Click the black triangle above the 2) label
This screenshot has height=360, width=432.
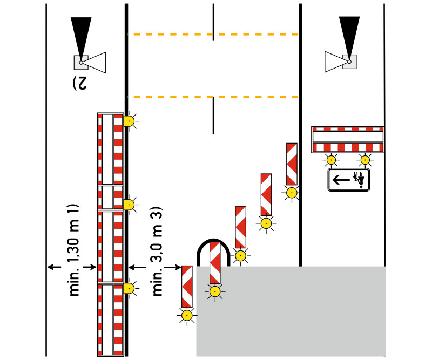(82, 36)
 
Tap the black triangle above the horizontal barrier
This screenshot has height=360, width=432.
(349, 35)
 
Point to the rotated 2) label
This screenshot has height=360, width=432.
(80, 83)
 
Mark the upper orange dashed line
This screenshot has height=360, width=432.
(213, 35)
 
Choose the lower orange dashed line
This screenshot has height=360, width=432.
(213, 97)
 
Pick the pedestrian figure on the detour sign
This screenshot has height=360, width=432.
(358, 179)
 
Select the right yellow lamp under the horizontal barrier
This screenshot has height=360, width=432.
(366, 160)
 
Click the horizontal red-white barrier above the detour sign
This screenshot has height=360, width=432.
(348, 140)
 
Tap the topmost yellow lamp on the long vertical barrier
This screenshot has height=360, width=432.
(129, 121)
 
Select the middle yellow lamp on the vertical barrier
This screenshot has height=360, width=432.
(129, 204)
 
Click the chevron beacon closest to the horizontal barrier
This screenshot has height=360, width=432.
(292, 164)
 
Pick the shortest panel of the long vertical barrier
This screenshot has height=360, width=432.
(110, 198)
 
